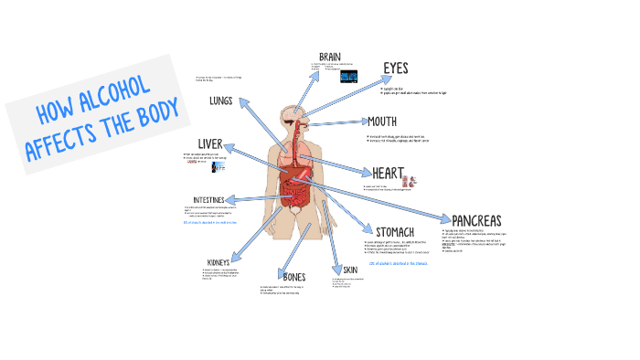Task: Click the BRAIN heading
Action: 330,57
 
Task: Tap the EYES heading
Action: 395,69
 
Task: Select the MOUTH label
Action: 381,122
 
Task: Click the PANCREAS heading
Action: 476,220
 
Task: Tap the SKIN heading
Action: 350,270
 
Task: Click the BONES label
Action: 294,277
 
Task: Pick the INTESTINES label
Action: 216,200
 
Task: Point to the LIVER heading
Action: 210,144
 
